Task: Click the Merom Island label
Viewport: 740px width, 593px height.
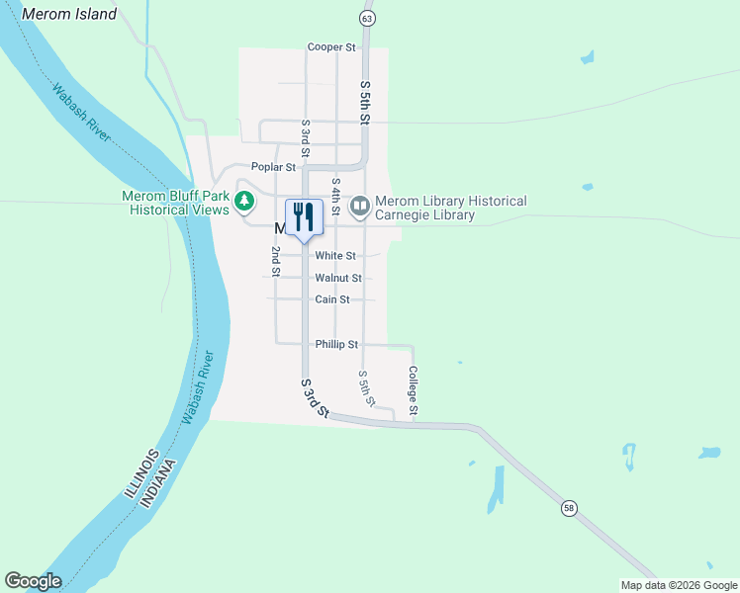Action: [x=68, y=14]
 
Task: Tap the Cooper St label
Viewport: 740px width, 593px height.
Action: [x=330, y=46]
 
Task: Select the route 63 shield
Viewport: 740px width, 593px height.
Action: [x=368, y=19]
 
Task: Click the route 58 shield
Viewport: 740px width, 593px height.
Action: [x=568, y=508]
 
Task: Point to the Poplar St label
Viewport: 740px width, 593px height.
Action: [x=273, y=167]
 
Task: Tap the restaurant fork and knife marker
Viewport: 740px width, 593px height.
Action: [x=304, y=217]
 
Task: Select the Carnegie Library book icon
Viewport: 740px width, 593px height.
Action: [x=360, y=207]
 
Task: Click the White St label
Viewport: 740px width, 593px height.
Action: [x=334, y=256]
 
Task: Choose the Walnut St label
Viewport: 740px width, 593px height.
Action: [x=337, y=279]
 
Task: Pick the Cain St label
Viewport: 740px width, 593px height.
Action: [x=331, y=299]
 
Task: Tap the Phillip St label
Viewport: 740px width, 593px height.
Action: [x=336, y=344]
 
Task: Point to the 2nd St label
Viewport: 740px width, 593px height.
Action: [x=276, y=260]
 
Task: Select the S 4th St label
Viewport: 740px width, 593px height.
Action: [x=336, y=198]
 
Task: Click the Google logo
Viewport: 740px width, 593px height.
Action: [x=33, y=581]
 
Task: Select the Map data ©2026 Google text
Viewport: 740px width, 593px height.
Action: [x=678, y=585]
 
